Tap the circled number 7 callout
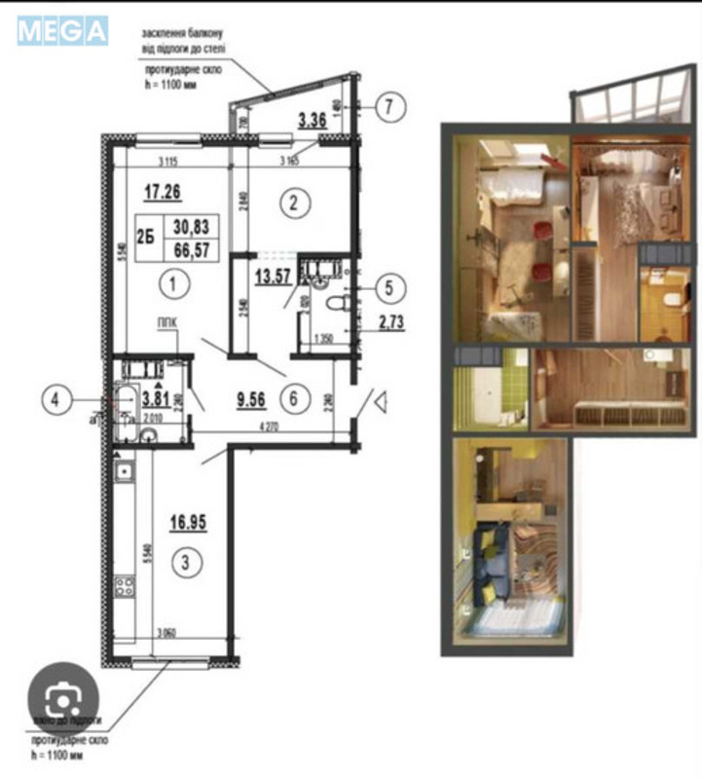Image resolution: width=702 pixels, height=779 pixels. click(388, 107)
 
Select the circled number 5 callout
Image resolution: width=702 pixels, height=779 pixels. click(389, 288)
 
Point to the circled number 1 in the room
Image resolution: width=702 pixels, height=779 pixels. click(171, 285)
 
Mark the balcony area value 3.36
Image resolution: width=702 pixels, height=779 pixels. click(312, 121)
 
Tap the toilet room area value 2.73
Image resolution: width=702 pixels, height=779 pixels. click(376, 322)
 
